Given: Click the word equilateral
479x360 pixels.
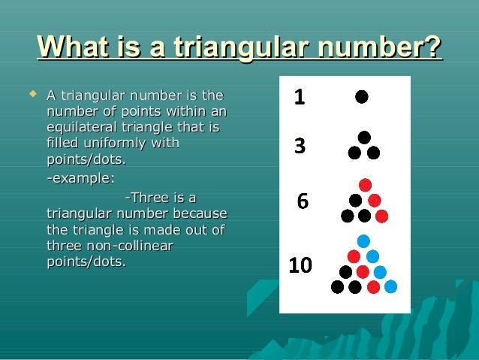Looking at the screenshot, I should click(x=82, y=127).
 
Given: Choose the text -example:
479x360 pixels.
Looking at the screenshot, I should click(x=81, y=177).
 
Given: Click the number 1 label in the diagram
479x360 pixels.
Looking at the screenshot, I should click(x=298, y=97).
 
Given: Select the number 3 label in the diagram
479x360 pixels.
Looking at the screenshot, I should click(x=299, y=147).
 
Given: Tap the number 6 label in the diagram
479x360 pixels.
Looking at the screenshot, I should click(x=302, y=201).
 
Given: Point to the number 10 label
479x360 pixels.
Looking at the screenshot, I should click(x=301, y=265).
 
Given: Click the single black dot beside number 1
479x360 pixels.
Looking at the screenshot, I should click(x=362, y=96).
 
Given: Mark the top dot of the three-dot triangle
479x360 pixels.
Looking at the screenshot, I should click(x=364, y=138).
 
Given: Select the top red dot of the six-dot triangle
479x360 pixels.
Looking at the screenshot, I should click(x=364, y=185).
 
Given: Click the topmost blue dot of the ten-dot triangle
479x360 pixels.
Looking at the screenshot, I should click(x=363, y=241).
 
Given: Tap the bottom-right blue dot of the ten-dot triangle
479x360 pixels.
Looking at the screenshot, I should click(x=390, y=286).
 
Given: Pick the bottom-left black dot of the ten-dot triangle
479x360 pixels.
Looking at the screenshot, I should click(x=337, y=286).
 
